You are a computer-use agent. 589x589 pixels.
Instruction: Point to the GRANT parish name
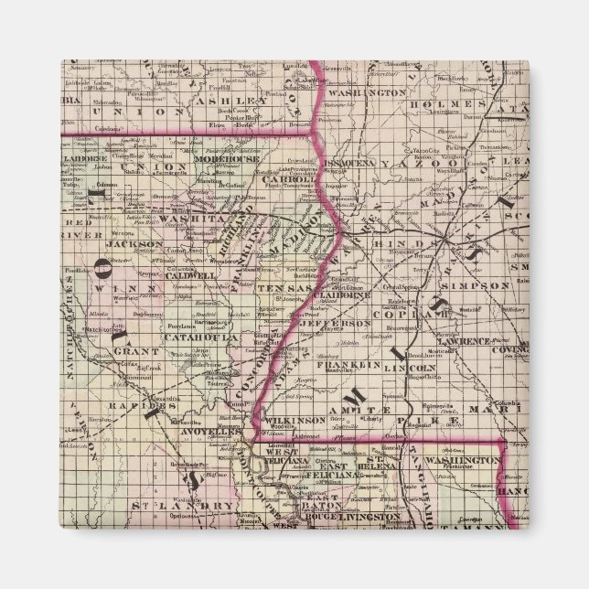coord(130,349)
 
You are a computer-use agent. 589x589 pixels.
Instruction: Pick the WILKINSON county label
coord(314,418)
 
